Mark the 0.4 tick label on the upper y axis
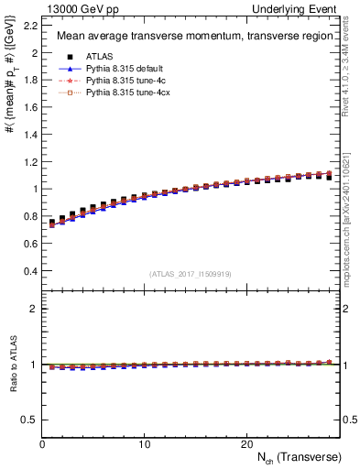(x=29, y=271)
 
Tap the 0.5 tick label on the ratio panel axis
(x=29, y=420)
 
